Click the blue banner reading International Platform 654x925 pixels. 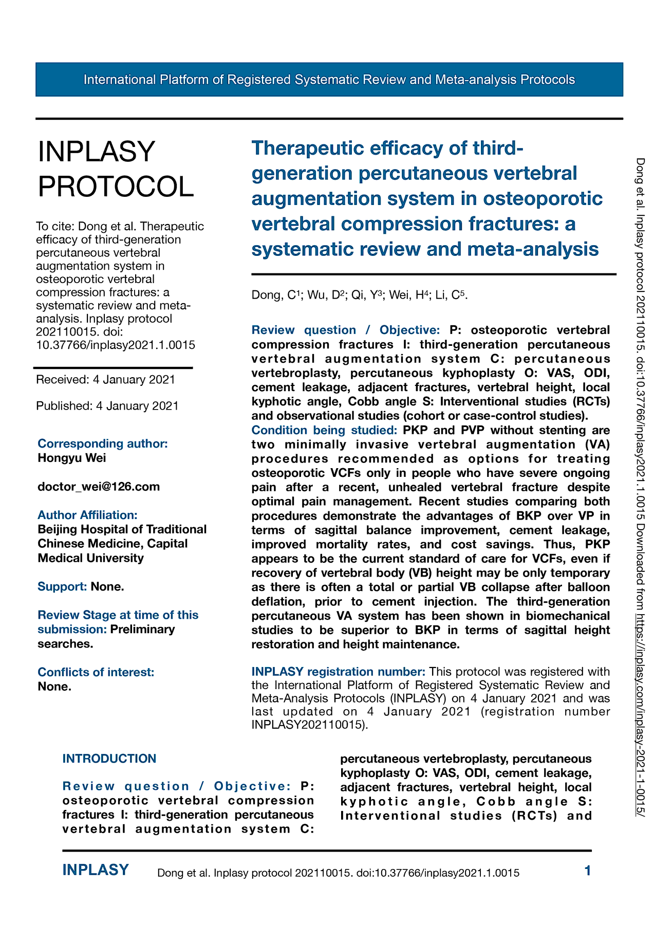329,80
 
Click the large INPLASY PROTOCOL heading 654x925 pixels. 116,169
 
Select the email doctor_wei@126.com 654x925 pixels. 99,486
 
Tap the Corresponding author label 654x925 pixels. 103,443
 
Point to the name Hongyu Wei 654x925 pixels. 72,458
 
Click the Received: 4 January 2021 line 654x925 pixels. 105,380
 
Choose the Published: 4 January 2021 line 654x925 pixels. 107,406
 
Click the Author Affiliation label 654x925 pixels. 88,515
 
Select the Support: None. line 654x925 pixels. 81,586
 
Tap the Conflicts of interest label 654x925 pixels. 96,672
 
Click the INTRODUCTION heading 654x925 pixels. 109,758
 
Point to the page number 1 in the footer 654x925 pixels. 588,871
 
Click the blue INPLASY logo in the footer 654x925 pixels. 96,870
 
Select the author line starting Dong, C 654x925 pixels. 359,295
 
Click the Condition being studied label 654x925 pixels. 324,430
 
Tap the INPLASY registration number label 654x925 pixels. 338,672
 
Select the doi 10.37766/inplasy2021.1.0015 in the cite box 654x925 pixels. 116,345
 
